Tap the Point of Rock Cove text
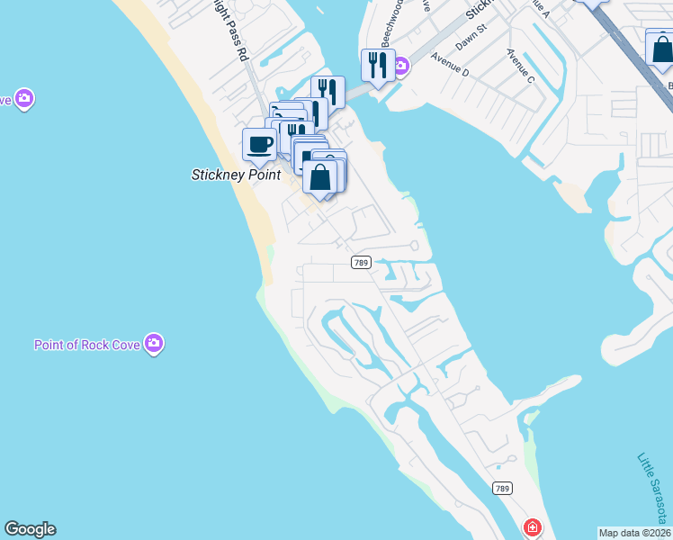tap(88, 345)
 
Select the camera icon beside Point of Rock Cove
tap(155, 343)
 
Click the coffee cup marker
tap(260, 144)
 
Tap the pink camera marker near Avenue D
tap(400, 65)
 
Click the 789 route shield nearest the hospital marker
tap(503, 488)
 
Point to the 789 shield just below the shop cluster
tap(361, 262)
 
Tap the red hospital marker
tap(533, 526)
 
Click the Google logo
tap(30, 529)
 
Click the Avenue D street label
tap(451, 66)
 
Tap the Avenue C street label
tap(520, 68)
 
